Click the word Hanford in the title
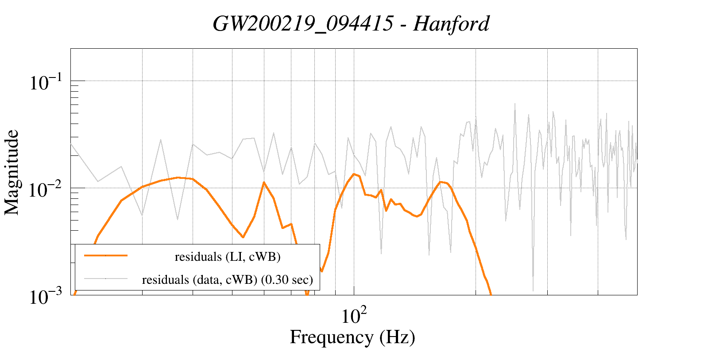point(451,23)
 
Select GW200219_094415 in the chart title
point(303,23)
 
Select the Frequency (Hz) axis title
point(352,337)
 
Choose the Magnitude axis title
point(12,172)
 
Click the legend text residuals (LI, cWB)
point(228,257)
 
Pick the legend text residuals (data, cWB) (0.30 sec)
point(228,280)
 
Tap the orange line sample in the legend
point(106,255)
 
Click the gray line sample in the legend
point(106,279)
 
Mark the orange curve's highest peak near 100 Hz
point(354,174)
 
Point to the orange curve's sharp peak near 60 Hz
point(264,182)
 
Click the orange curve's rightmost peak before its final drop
point(440,182)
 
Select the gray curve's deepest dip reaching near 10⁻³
point(533,290)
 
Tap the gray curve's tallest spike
point(515,104)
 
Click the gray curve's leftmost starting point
point(71,144)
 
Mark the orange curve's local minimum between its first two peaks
point(243,237)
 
